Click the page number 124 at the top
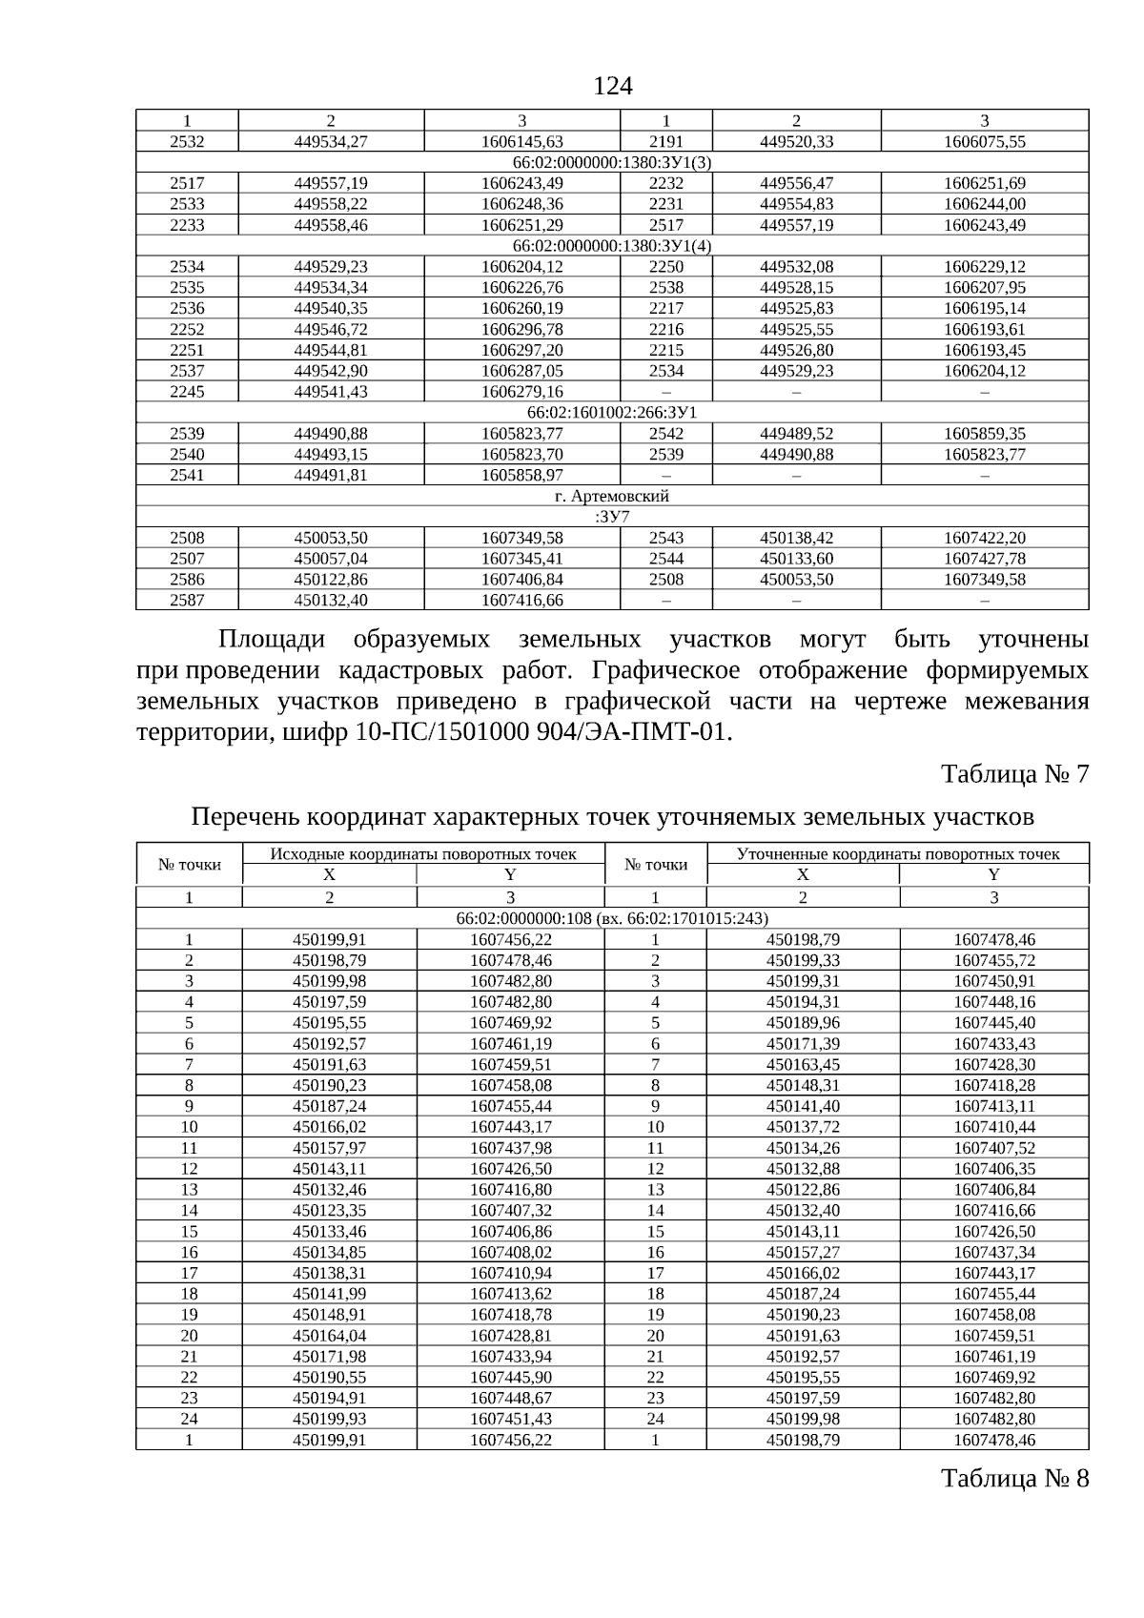(612, 87)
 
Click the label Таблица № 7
(1014, 773)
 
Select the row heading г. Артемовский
(612, 496)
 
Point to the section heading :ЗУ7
(612, 517)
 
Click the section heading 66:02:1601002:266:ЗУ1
(612, 413)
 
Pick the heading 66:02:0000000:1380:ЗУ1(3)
(612, 162)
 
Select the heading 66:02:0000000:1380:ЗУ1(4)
(612, 246)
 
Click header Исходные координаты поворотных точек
(423, 853)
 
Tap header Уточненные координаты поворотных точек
(898, 853)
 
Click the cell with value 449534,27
(331, 141)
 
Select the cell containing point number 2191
(665, 141)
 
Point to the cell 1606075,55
(984, 141)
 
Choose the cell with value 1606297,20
(521, 350)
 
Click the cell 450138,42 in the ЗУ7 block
(796, 538)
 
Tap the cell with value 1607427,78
(984, 559)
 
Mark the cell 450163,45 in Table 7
(803, 1064)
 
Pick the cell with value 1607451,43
(510, 1419)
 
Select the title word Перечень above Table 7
(248, 817)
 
